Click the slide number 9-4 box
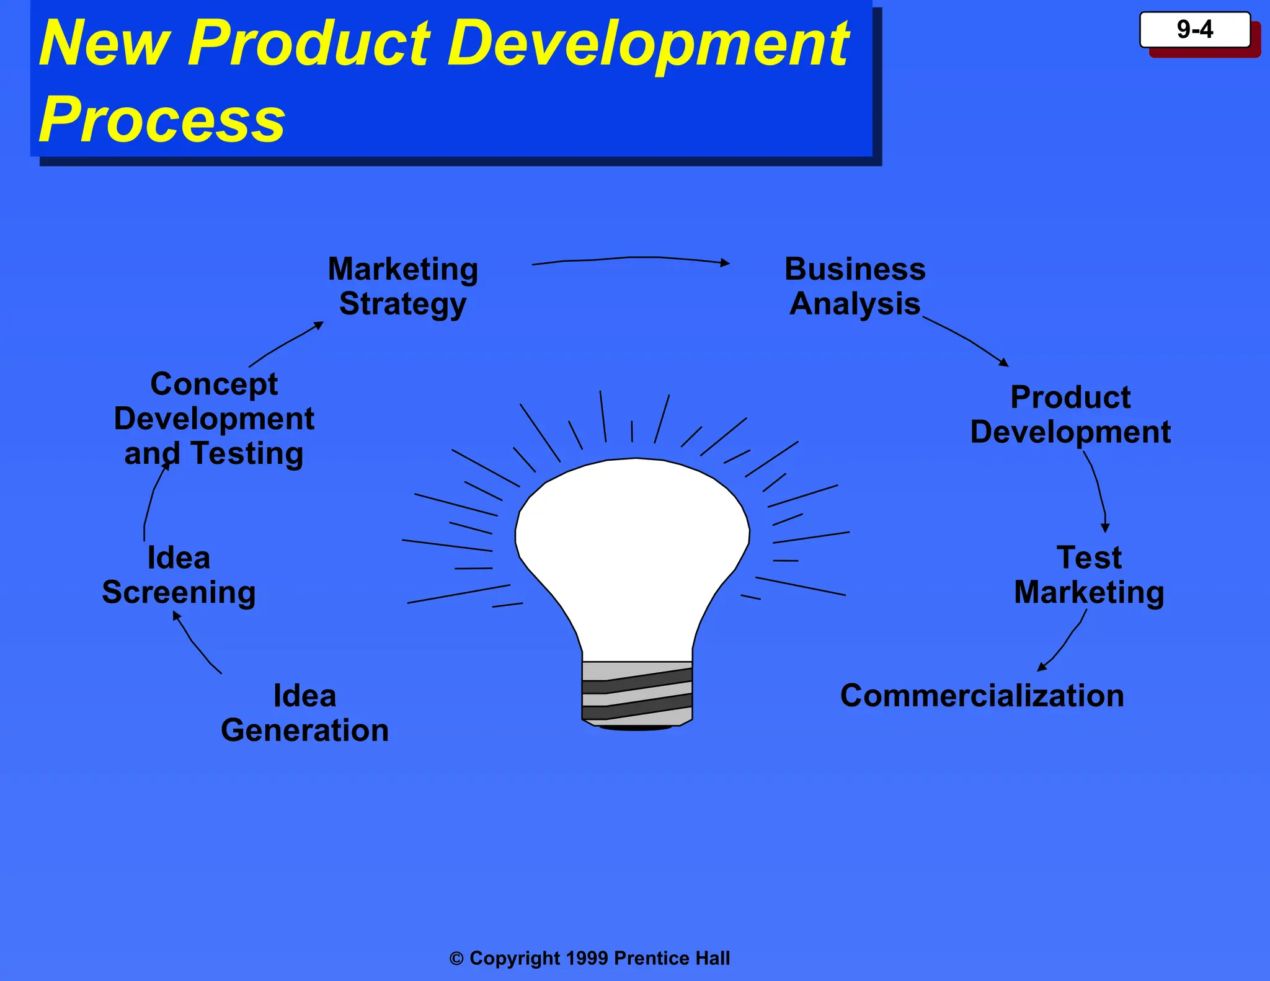coord(1194,30)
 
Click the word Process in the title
coord(162,119)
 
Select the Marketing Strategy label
coord(403,286)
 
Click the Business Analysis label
coord(855,286)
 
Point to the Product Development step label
coord(1070,414)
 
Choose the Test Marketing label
coord(1089,574)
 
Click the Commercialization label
coord(982,695)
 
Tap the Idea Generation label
coord(304,712)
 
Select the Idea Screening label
coord(179,574)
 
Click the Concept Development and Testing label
coord(214,419)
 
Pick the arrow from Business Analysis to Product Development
coord(967,338)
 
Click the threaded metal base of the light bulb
coord(637,693)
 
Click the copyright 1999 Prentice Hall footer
coord(590,958)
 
